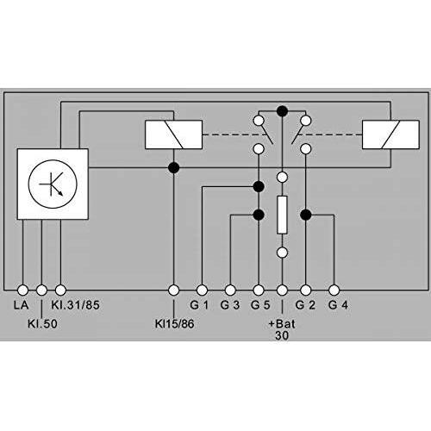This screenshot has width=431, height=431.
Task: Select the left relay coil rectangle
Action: [x=173, y=134]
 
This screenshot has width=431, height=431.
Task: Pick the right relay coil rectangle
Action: [x=386, y=134]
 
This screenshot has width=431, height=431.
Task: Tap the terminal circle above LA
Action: [x=22, y=290]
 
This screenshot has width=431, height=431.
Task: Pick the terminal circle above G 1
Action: [x=203, y=290]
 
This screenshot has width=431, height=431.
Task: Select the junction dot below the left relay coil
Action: [x=173, y=166]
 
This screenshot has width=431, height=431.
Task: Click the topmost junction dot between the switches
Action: [x=282, y=110]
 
